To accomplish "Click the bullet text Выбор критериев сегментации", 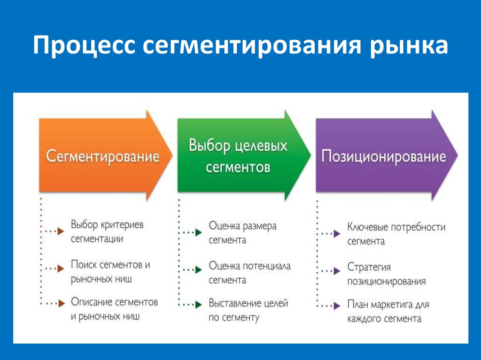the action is point(107,231).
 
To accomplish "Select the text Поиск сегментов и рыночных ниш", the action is point(110,272).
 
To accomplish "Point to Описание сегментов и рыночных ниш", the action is point(114,309).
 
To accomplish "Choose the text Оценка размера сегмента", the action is point(242,233).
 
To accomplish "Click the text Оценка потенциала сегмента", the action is point(249,273).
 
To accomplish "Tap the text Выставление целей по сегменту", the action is point(248,310).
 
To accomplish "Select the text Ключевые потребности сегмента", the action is point(396,234).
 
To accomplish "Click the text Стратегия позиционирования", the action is point(386,274).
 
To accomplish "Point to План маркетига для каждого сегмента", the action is point(388,311).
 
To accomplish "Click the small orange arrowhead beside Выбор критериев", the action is point(61,231).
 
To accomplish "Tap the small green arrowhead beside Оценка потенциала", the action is point(199,269).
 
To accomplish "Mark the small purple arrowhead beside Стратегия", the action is point(337,271).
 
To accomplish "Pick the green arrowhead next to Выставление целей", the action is point(199,305).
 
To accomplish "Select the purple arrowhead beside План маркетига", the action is point(337,306).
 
